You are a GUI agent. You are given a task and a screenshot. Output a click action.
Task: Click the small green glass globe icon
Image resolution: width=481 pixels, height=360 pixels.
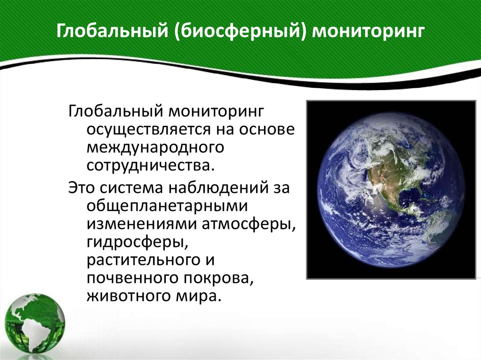(35, 324)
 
